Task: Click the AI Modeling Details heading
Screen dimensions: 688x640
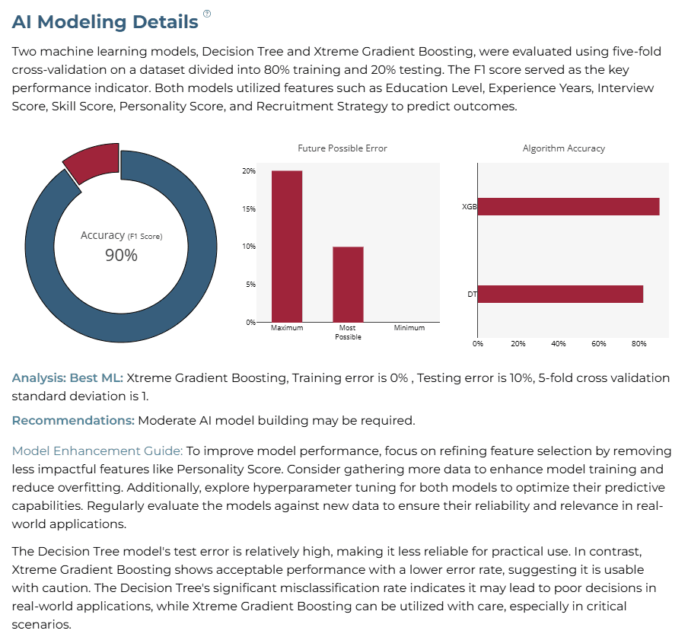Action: point(105,22)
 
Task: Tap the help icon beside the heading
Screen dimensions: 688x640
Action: point(207,14)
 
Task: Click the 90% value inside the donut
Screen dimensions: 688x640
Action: point(121,255)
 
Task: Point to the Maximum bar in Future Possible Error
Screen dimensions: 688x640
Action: point(287,247)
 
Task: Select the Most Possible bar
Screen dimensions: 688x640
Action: point(348,285)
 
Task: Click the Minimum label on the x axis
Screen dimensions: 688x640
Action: point(409,328)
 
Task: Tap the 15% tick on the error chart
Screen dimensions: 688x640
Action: point(249,209)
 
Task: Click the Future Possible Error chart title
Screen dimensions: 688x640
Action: point(342,148)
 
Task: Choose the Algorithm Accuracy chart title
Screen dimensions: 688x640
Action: point(564,148)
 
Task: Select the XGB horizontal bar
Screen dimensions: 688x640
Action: point(569,206)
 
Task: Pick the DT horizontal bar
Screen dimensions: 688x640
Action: point(560,294)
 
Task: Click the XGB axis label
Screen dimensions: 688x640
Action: point(469,206)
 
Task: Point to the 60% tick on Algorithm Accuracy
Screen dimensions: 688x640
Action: point(598,344)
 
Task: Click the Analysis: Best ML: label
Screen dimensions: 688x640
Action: point(68,378)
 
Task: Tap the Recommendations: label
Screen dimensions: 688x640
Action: point(73,420)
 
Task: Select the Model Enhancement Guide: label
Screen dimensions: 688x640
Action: point(97,451)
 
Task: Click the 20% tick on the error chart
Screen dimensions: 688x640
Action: point(249,171)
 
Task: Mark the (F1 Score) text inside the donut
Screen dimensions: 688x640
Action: point(145,237)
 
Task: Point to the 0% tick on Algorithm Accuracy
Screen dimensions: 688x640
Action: point(478,344)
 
